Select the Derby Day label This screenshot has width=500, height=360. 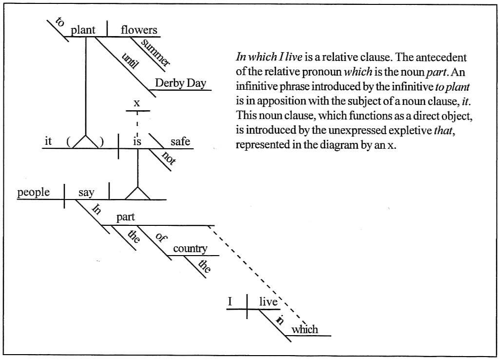180,83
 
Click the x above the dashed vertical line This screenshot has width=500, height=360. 136,103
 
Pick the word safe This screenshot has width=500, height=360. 180,142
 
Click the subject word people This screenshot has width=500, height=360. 33,192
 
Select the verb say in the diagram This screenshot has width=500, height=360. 86,192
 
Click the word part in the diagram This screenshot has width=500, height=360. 125,218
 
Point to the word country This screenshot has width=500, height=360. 190,249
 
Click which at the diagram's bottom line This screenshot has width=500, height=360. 305,329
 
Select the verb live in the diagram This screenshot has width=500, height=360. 268,302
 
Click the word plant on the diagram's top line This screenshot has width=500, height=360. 83,30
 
